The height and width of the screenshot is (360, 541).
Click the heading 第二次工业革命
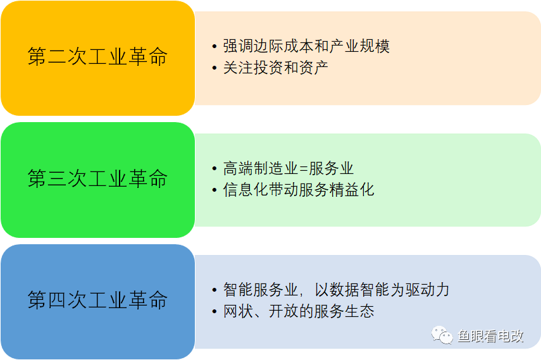97,56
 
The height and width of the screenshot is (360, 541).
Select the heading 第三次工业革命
97,179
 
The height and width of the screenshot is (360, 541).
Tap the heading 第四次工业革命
97,300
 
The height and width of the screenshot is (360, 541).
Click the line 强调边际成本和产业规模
306,46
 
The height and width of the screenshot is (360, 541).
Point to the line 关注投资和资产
276,68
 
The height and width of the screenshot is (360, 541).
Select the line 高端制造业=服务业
289,168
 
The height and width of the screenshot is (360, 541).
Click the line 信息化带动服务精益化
299,190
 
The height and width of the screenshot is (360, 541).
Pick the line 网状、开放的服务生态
299,311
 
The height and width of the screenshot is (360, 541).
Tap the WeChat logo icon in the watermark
442,335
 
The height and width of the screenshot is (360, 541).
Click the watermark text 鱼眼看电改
490,336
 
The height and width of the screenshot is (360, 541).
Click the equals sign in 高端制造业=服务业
304,169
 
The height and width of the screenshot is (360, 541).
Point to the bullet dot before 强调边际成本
215,47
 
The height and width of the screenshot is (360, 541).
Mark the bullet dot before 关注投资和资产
215,68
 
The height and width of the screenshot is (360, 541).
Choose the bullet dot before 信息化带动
215,190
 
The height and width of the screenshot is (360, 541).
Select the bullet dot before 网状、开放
215,312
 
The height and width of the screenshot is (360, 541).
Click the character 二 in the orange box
57,57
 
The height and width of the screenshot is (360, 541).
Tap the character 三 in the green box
57,179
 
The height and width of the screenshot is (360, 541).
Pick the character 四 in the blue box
57,300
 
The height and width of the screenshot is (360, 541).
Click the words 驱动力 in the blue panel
428,290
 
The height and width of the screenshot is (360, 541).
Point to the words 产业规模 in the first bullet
359,46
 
